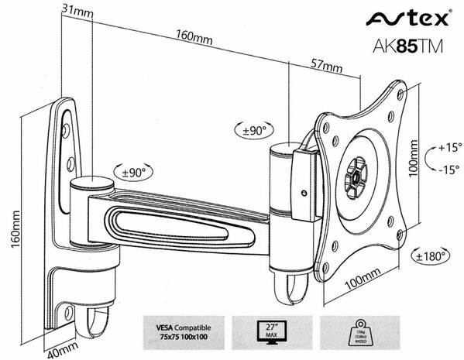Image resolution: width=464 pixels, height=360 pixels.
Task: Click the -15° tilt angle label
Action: pyautogui.click(x=448, y=170)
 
